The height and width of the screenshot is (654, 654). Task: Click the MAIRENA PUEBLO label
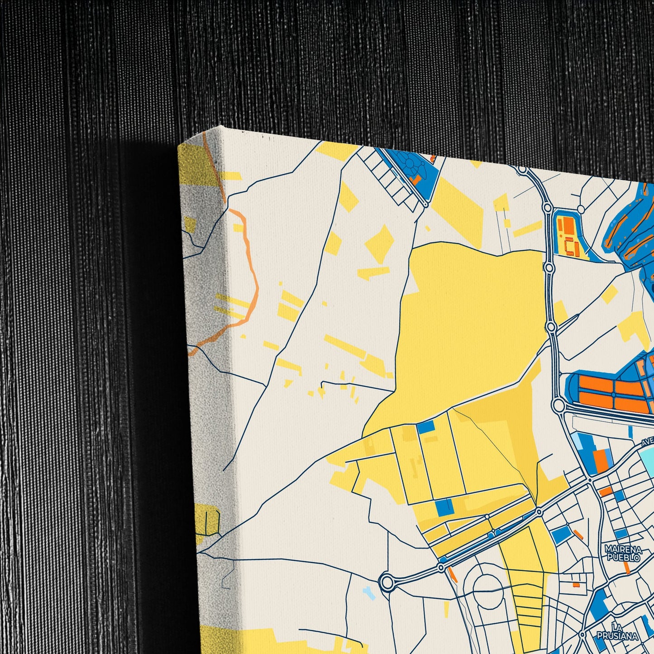(623, 554)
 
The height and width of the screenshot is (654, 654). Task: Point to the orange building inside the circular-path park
(412, 180)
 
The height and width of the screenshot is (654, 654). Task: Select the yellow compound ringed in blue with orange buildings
(568, 235)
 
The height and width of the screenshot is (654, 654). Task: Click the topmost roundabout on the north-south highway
(522, 170)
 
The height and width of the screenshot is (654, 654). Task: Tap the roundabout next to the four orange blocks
(559, 406)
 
